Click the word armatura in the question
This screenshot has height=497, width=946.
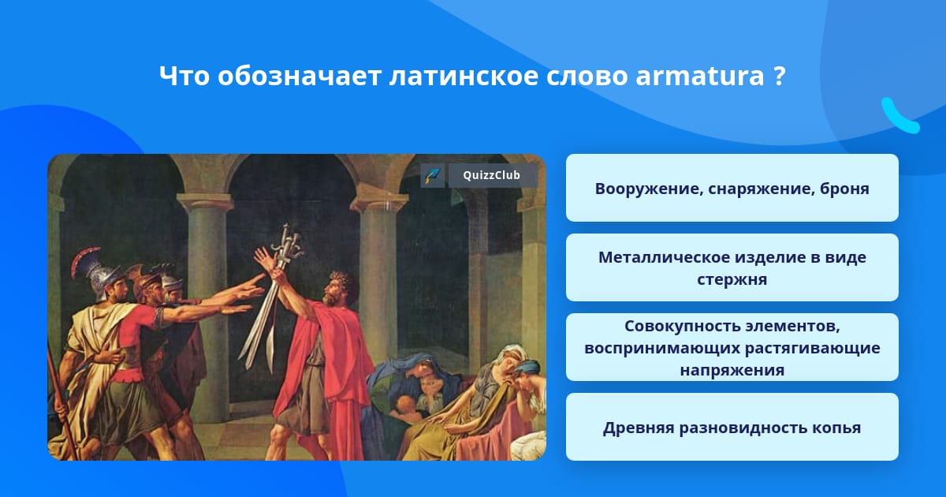point(700,76)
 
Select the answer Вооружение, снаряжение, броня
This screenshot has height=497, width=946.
point(732,188)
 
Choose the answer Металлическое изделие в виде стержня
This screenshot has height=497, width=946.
point(732,267)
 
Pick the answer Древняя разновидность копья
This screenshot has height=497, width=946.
point(732,427)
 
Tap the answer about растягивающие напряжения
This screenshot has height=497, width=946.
point(732,347)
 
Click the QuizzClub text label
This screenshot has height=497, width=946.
point(491,175)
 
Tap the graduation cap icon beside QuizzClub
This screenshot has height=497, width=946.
point(433,175)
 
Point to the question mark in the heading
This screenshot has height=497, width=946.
point(780,76)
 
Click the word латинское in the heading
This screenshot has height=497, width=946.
point(464,77)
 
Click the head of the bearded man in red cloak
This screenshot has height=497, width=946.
point(338,288)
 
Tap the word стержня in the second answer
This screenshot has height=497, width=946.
point(732,279)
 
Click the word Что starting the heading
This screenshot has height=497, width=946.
point(184,76)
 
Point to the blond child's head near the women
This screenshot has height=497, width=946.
point(404,405)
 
